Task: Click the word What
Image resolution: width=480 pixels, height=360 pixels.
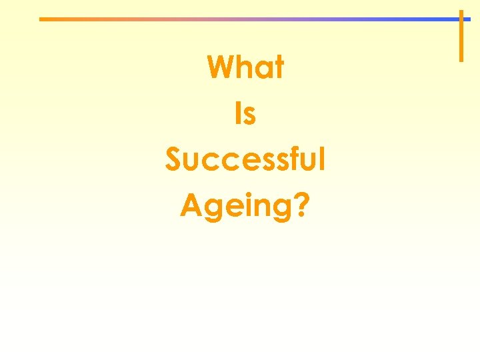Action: pyautogui.click(x=245, y=67)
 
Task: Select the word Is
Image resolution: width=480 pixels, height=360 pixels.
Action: pyautogui.click(x=245, y=114)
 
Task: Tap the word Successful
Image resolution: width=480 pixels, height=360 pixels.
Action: pyautogui.click(x=245, y=160)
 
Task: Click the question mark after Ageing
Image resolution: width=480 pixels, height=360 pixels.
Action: pyautogui.click(x=301, y=205)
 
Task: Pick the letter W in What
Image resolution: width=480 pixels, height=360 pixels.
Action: pyautogui.click(x=221, y=67)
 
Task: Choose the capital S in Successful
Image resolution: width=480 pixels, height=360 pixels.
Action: pyautogui.click(x=173, y=161)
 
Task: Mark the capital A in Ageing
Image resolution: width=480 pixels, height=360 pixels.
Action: pyautogui.click(x=191, y=205)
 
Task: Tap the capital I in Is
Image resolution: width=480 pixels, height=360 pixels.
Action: pyautogui.click(x=238, y=114)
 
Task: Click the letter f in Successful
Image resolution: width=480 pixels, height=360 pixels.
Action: pyautogui.click(x=295, y=160)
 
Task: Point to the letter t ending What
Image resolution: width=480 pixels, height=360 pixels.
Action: pyautogui.click(x=278, y=68)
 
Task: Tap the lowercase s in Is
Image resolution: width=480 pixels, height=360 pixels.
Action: pyautogui.click(x=249, y=116)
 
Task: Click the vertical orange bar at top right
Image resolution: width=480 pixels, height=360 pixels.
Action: pyautogui.click(x=461, y=40)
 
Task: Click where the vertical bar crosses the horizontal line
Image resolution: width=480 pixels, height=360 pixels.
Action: pyautogui.click(x=461, y=19)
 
